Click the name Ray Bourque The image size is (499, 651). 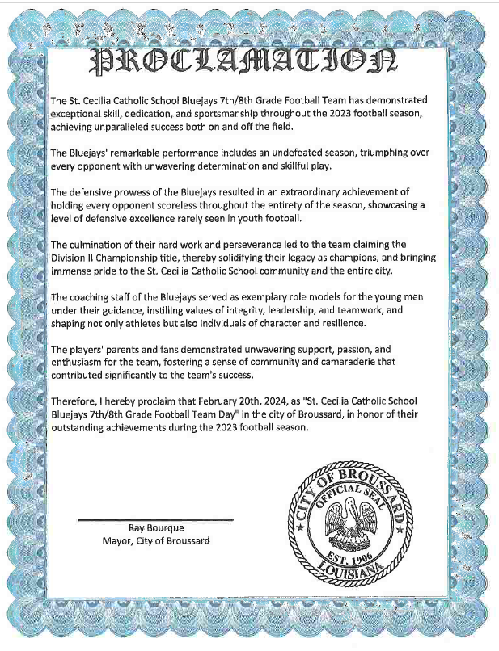pos(156,528)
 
